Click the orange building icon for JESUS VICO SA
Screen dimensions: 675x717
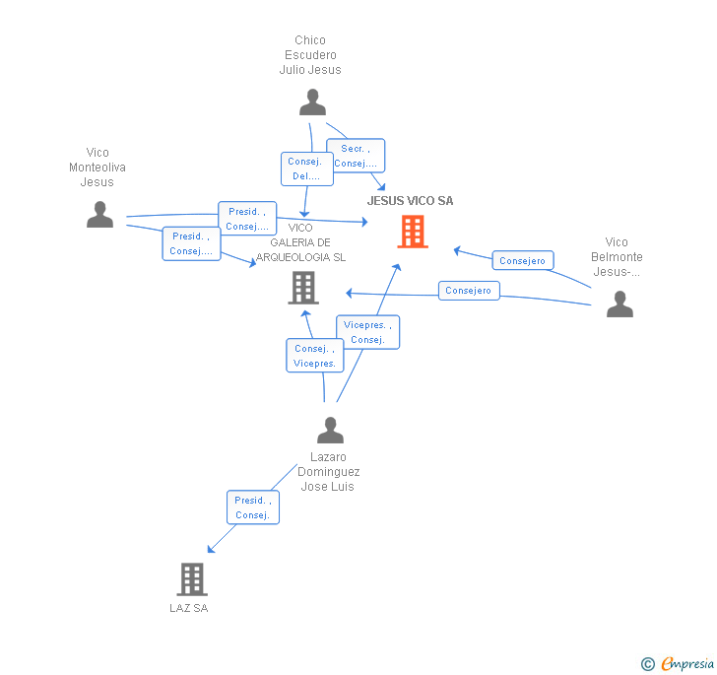pos(413,232)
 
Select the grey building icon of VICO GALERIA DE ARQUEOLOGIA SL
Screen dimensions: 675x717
pos(302,288)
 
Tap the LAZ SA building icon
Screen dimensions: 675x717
pos(192,579)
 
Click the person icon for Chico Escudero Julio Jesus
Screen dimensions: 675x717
pos(312,102)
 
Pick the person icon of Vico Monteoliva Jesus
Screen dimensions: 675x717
pos(99,214)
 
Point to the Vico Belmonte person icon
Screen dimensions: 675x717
pos(619,304)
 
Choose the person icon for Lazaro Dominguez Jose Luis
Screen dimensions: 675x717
pos(330,431)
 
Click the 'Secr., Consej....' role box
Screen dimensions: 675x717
pos(355,156)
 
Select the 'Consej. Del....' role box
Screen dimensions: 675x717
pos(306,169)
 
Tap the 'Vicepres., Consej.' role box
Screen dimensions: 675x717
pos(367,331)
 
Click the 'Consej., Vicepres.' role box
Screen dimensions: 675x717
pos(315,356)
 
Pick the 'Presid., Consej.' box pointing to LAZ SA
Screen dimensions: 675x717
pos(252,507)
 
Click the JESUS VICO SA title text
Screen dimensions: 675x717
pos(410,201)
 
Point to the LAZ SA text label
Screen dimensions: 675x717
pos(189,608)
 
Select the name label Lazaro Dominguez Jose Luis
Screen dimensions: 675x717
pos(329,472)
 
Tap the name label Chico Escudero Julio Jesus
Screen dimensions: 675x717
pos(310,55)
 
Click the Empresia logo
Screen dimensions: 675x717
pos(686,663)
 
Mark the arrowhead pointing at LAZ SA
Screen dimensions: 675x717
pos(210,549)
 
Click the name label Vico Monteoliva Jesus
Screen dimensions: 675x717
pos(98,168)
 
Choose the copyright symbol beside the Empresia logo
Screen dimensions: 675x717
pos(648,664)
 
